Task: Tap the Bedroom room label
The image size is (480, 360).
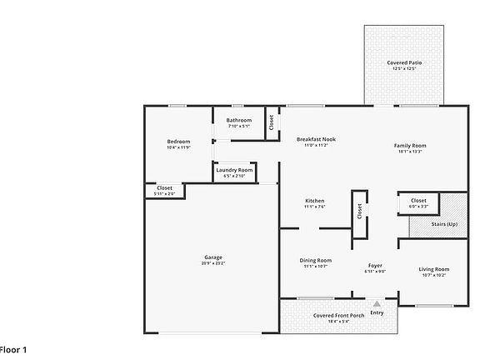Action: pos(178,142)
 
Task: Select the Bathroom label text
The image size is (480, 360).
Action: pos(238,120)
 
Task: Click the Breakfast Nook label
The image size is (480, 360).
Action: pos(316,139)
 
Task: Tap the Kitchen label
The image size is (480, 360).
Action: pos(314,201)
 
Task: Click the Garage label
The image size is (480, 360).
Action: pos(212,257)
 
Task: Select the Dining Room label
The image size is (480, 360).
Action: pos(316,260)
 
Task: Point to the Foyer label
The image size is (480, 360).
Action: pos(375,266)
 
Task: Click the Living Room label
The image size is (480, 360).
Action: pos(433,269)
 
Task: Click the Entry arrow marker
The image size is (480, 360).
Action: pos(377,304)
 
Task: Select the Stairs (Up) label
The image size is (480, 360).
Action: pos(443,224)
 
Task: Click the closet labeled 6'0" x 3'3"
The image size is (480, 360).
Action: pos(418,201)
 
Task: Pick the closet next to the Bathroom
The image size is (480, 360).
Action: pos(272,122)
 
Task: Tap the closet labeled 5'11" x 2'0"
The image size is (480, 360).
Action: pos(164,188)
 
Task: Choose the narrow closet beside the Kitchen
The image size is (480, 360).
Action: pos(359,212)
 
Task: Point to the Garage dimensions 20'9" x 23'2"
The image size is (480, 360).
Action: pos(212,263)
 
